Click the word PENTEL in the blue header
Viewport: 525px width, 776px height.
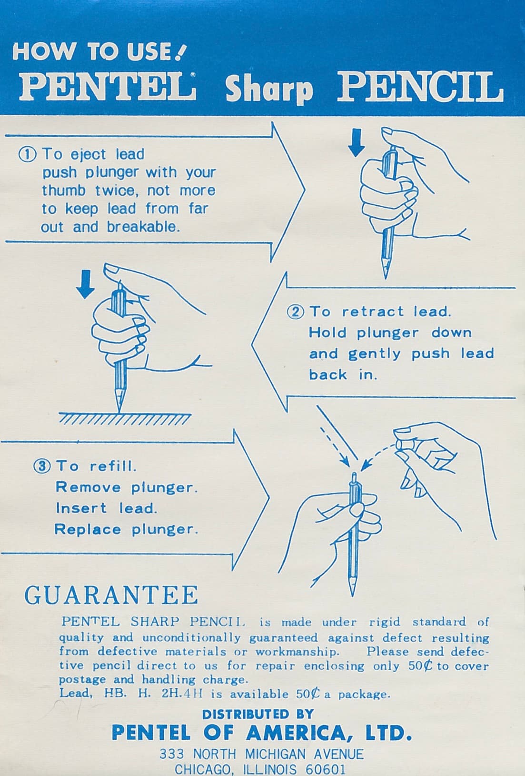(108, 86)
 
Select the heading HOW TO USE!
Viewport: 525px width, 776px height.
(99, 52)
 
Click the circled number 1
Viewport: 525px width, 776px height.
(28, 154)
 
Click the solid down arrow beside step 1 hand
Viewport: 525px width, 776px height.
(356, 142)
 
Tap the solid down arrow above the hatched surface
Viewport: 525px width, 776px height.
(85, 284)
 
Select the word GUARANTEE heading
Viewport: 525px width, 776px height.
(111, 595)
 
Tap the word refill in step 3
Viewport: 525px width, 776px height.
(113, 466)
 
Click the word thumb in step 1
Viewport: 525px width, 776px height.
(64, 190)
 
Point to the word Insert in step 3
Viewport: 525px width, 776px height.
(81, 508)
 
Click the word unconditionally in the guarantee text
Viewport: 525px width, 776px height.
(191, 637)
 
